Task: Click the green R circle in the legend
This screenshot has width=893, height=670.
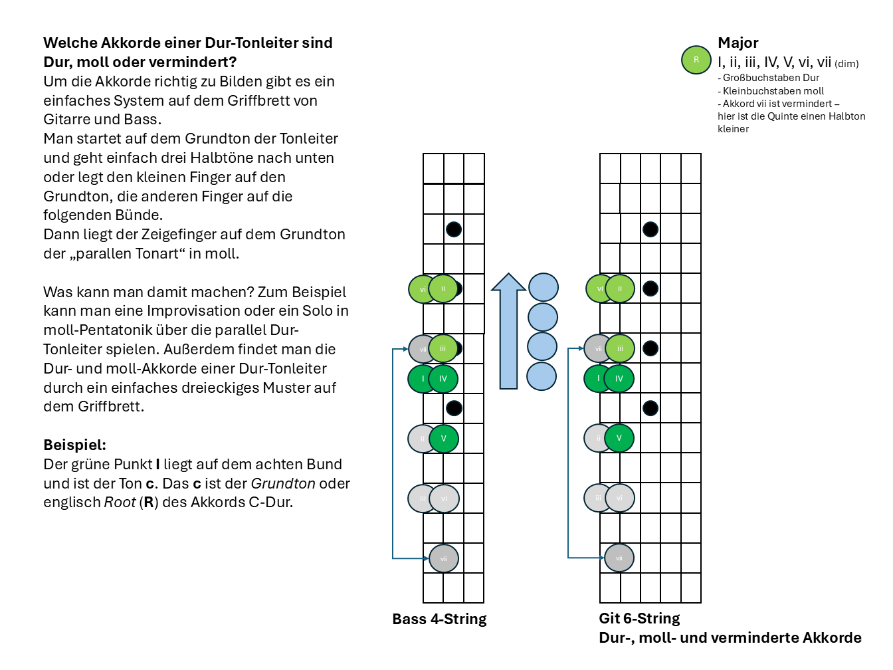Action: coord(696,60)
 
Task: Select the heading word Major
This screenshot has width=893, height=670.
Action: coord(738,43)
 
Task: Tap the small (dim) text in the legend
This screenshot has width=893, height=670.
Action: coord(846,64)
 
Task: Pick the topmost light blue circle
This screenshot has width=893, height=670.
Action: coord(544,287)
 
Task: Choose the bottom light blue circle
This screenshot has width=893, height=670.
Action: coord(542,376)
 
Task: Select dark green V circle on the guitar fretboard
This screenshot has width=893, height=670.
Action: coord(619,438)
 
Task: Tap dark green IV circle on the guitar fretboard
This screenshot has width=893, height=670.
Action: coord(619,379)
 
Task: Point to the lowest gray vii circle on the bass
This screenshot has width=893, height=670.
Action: coord(444,558)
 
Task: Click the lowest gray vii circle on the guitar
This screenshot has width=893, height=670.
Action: coord(619,558)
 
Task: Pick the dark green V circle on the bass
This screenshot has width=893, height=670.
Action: coord(444,439)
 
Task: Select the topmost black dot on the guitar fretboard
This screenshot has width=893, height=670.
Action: coord(650,229)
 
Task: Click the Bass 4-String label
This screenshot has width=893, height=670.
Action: coord(439,619)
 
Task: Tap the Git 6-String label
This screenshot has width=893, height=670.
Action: coord(639,619)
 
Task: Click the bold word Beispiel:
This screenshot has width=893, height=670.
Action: coord(74,445)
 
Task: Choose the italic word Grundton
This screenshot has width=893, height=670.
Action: coord(282,484)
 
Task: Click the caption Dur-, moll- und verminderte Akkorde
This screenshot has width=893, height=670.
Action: coord(730,638)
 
